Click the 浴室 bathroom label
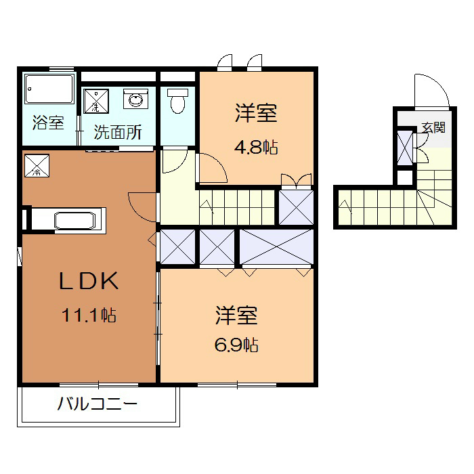point(48,124)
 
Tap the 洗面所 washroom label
point(117,132)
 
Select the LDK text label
point(89,281)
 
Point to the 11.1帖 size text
point(89,315)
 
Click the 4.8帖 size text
point(257,147)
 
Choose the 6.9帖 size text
point(236,345)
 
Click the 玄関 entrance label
point(433,127)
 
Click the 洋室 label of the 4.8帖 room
point(257,113)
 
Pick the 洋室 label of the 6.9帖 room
point(236,315)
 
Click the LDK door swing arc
point(142,204)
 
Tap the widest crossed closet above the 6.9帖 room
point(277,247)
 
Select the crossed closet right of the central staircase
point(296,207)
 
